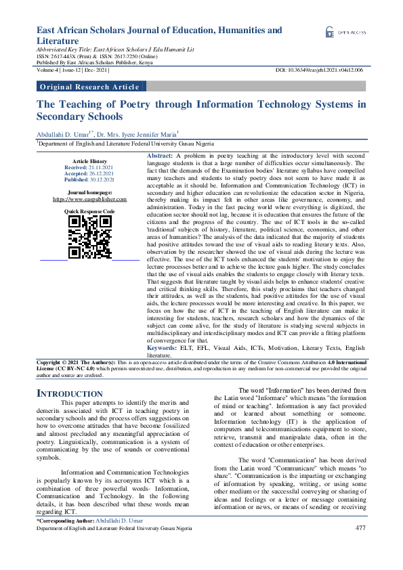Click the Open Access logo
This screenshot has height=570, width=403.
345,32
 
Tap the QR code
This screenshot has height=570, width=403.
89,237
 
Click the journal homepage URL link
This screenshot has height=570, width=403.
89,200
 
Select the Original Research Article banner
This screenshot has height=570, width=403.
90,87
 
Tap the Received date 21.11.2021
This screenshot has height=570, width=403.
100,167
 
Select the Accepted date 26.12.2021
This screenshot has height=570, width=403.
100,173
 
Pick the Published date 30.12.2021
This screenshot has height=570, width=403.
101,179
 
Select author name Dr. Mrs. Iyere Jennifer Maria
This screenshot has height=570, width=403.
139,135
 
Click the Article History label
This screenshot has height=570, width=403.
89,160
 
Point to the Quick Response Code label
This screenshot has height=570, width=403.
89,212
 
